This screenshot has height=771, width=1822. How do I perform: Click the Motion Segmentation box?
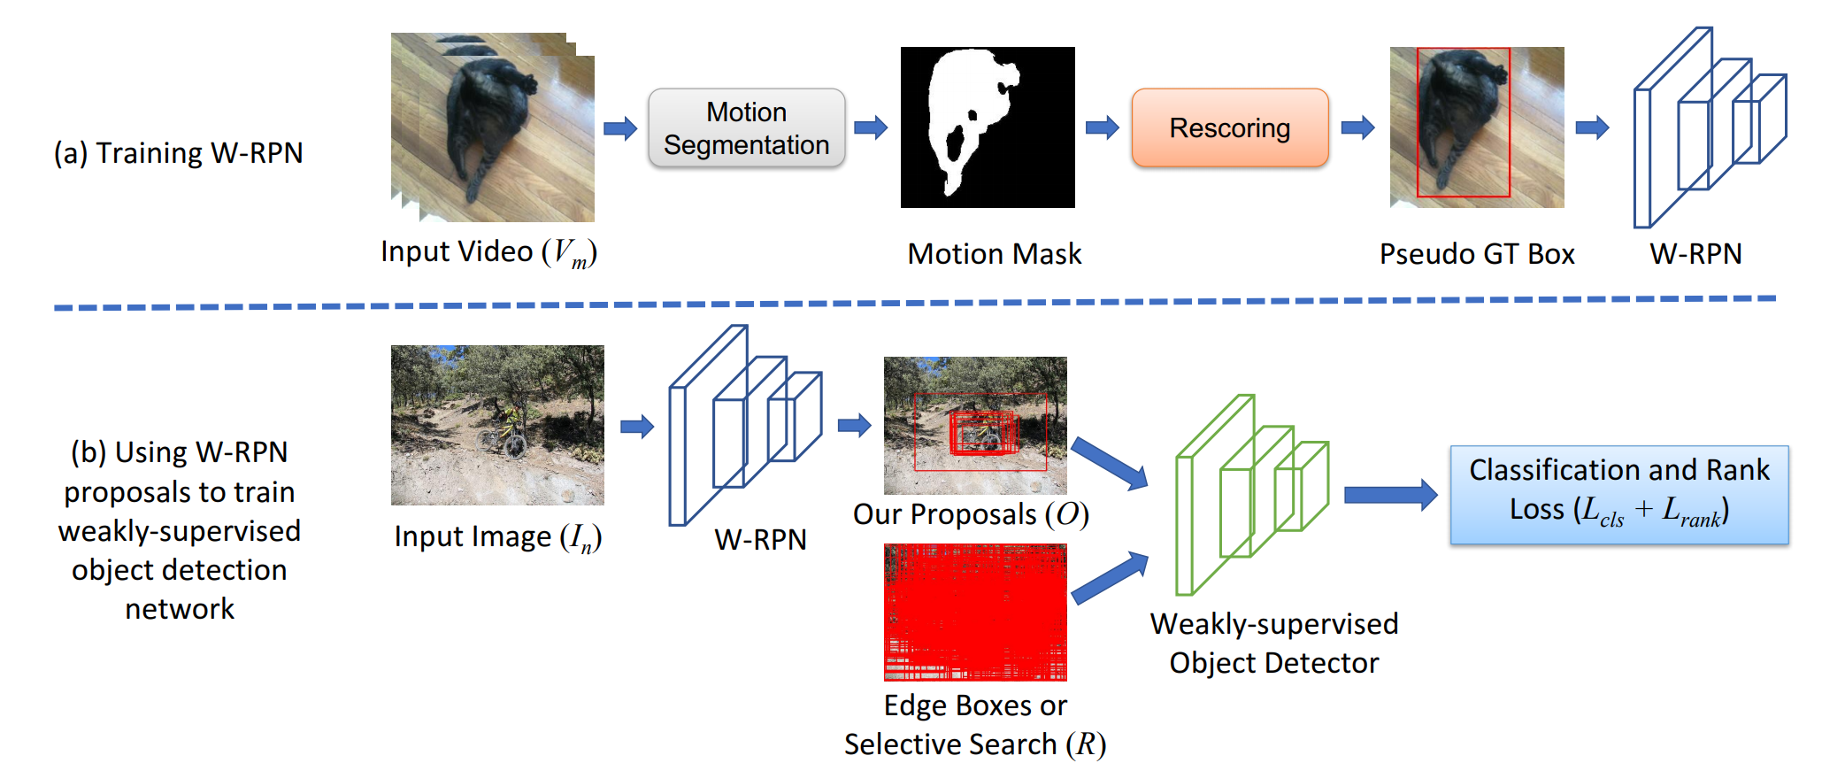tap(746, 128)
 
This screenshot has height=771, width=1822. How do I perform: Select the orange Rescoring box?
tap(1229, 128)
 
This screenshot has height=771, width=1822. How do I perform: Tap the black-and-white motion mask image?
tap(988, 127)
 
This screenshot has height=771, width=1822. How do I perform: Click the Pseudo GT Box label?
tap(1477, 254)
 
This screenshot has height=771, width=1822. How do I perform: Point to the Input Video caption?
tap(488, 252)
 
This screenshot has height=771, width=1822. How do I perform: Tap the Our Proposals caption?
tap(971, 514)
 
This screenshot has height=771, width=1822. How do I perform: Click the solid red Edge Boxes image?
tap(975, 612)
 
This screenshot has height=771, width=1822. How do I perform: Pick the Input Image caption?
tap(497, 536)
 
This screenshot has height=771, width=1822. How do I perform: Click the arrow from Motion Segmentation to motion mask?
tap(871, 127)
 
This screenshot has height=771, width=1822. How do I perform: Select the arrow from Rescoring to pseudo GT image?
tap(1357, 127)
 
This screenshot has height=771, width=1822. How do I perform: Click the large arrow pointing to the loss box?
tap(1390, 495)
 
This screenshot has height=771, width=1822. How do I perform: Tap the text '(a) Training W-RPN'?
tap(179, 153)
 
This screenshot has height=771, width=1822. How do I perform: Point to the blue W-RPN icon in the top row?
tap(1708, 127)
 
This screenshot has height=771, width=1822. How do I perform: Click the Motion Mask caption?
tap(994, 254)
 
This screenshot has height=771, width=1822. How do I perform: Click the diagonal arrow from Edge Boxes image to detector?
tap(1109, 578)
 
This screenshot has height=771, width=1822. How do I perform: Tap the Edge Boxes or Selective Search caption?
tap(974, 725)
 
